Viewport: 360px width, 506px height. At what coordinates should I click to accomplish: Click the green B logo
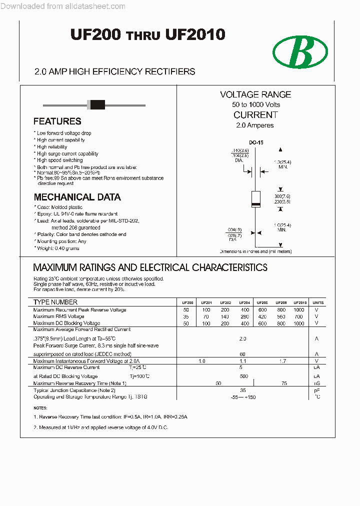(300, 52)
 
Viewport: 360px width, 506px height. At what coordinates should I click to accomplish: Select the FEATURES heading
(57, 121)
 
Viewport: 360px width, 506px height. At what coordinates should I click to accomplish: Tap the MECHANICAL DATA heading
(77, 197)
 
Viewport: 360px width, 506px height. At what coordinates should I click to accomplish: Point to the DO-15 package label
(256, 143)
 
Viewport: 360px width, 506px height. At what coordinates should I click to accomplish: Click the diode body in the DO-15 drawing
(255, 199)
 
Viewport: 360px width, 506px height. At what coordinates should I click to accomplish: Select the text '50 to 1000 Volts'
(255, 104)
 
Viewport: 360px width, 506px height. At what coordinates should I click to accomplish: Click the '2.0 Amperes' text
(255, 125)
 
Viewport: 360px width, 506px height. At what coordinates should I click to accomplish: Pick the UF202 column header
(225, 302)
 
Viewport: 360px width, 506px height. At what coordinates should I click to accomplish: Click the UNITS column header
(317, 302)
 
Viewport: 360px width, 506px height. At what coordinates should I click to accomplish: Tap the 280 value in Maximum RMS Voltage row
(244, 316)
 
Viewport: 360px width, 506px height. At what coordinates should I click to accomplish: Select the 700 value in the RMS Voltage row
(298, 316)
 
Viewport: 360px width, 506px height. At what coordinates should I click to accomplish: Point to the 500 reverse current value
(244, 376)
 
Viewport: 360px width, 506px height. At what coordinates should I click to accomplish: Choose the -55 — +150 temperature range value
(244, 397)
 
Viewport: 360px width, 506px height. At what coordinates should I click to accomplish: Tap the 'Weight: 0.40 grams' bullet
(57, 248)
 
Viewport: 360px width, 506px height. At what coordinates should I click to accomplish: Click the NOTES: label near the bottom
(40, 408)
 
